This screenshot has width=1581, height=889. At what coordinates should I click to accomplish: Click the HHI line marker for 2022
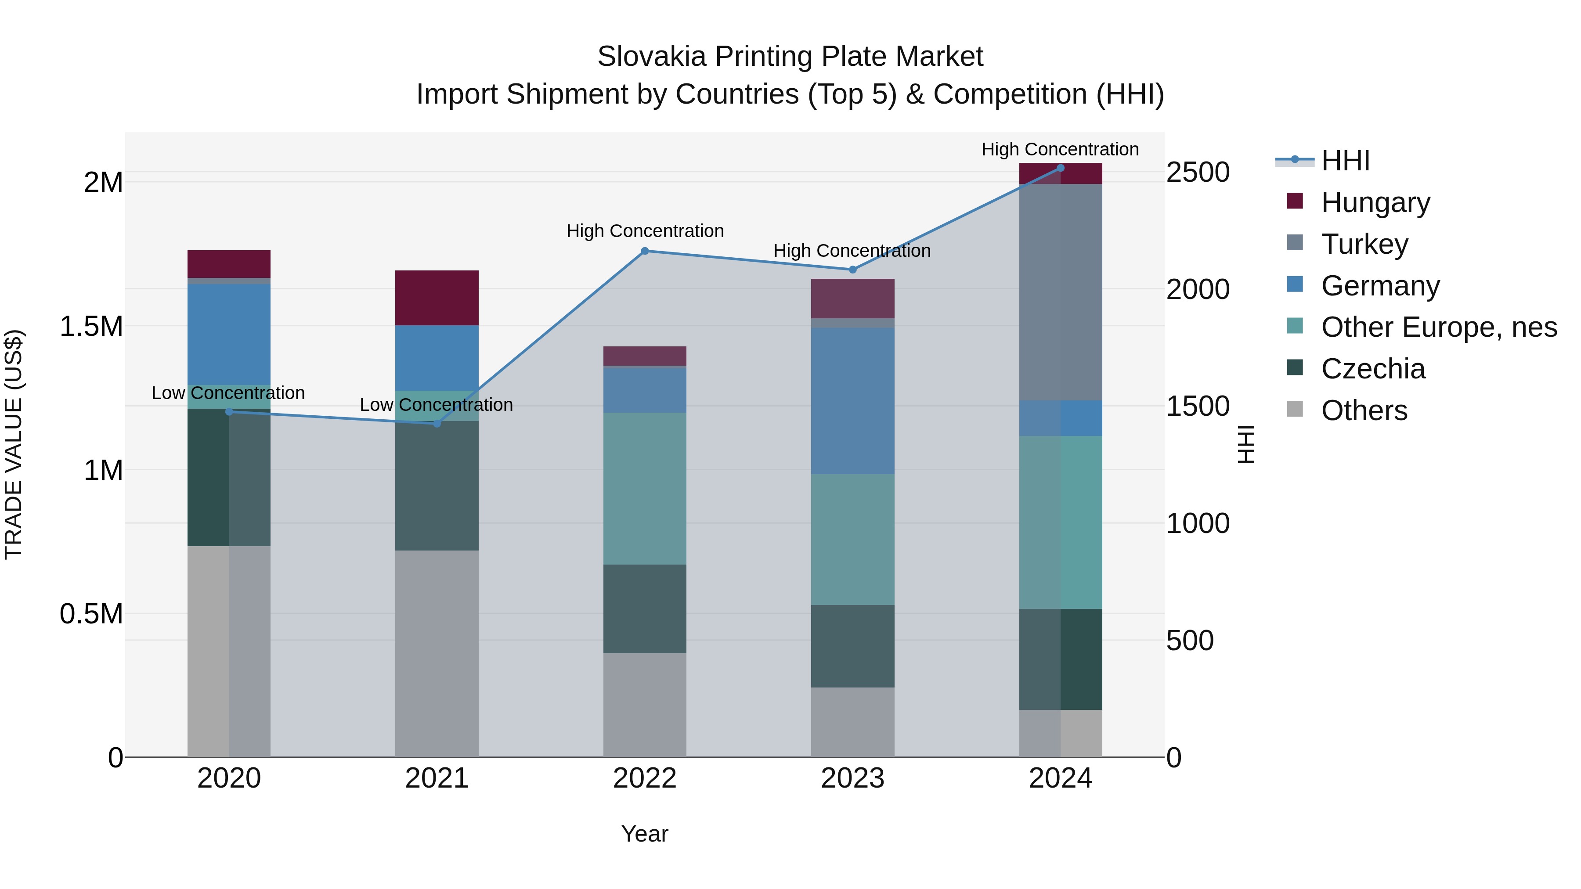644,251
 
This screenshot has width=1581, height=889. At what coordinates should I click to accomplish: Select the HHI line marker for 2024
1060,168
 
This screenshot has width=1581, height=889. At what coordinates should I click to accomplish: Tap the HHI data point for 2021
437,423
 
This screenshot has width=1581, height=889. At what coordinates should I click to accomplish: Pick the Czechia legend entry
1372,369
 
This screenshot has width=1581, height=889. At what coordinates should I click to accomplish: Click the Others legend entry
1364,410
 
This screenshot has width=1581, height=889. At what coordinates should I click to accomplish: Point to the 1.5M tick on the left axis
91,326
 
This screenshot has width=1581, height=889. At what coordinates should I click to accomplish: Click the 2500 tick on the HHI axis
1198,173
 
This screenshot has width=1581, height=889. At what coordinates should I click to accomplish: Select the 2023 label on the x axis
852,778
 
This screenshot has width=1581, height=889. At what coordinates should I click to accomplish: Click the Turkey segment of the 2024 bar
1060,292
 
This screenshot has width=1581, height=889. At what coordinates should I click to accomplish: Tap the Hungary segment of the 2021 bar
437,298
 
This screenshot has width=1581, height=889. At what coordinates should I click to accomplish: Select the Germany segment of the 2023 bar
852,401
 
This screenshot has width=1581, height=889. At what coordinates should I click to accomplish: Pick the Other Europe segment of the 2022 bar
644,488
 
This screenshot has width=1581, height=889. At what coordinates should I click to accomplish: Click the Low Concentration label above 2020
228,392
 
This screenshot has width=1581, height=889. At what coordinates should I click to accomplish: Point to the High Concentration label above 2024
1060,149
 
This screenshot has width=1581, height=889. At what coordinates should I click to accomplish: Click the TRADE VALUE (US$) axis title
14,444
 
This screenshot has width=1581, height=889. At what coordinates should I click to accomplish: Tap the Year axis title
644,834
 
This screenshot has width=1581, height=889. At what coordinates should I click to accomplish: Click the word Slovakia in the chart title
651,57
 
